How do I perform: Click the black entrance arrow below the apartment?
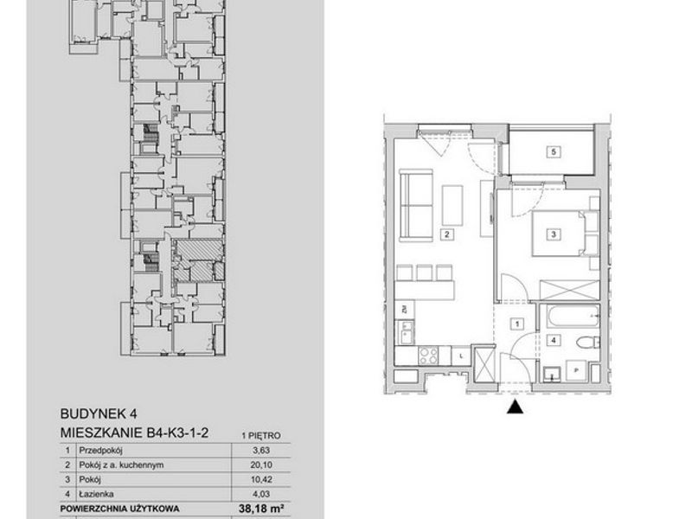515,407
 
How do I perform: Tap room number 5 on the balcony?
554,152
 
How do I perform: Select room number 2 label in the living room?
446,234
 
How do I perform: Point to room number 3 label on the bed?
554,234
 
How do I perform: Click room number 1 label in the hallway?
517,324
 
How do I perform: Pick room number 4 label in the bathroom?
554,340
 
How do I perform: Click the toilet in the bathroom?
588,342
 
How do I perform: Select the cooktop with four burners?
428,356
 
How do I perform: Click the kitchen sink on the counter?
405,332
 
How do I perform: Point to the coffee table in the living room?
452,205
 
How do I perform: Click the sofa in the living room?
416,205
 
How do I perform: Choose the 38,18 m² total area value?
261,509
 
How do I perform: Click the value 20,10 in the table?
262,465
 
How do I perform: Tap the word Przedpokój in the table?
100,451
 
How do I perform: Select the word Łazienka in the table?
96,494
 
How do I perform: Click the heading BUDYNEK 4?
99,414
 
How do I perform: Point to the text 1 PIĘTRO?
261,436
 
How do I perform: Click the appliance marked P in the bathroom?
576,371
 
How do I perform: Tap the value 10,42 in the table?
262,479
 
